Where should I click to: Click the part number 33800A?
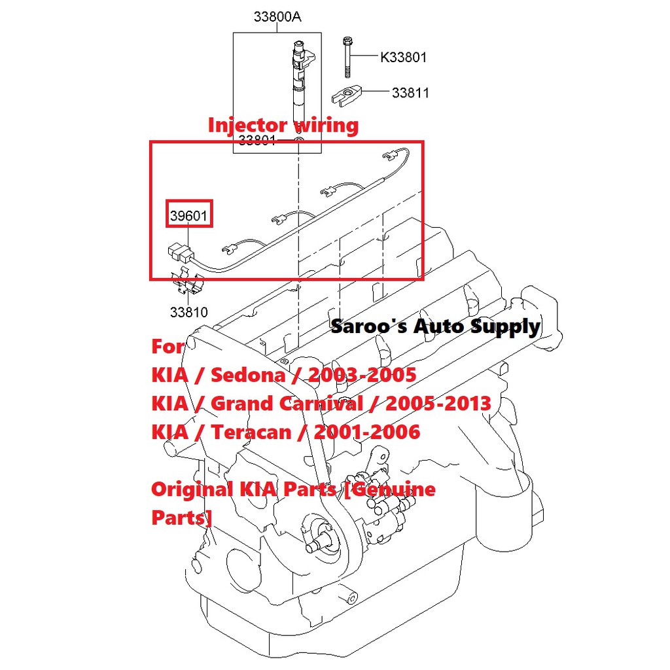[277, 17]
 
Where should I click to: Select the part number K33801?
[403, 58]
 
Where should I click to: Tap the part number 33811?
[410, 93]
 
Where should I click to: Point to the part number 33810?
[188, 312]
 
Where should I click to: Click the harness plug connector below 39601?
[179, 252]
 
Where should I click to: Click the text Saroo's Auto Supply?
[435, 326]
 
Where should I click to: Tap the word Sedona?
[248, 375]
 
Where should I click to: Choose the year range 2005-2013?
[438, 403]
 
